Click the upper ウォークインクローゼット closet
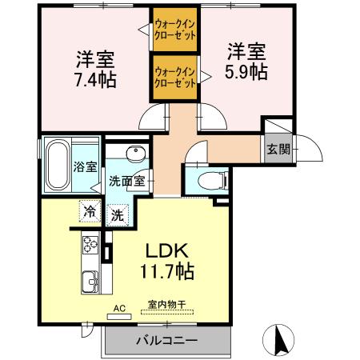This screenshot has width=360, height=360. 175,31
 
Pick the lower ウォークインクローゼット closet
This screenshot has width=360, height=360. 175,77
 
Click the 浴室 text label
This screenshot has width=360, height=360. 86,167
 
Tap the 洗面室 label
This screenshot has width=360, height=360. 126,181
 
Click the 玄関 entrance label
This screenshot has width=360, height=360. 278,149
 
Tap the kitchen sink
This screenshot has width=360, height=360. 87,282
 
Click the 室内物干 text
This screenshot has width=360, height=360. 166,304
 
